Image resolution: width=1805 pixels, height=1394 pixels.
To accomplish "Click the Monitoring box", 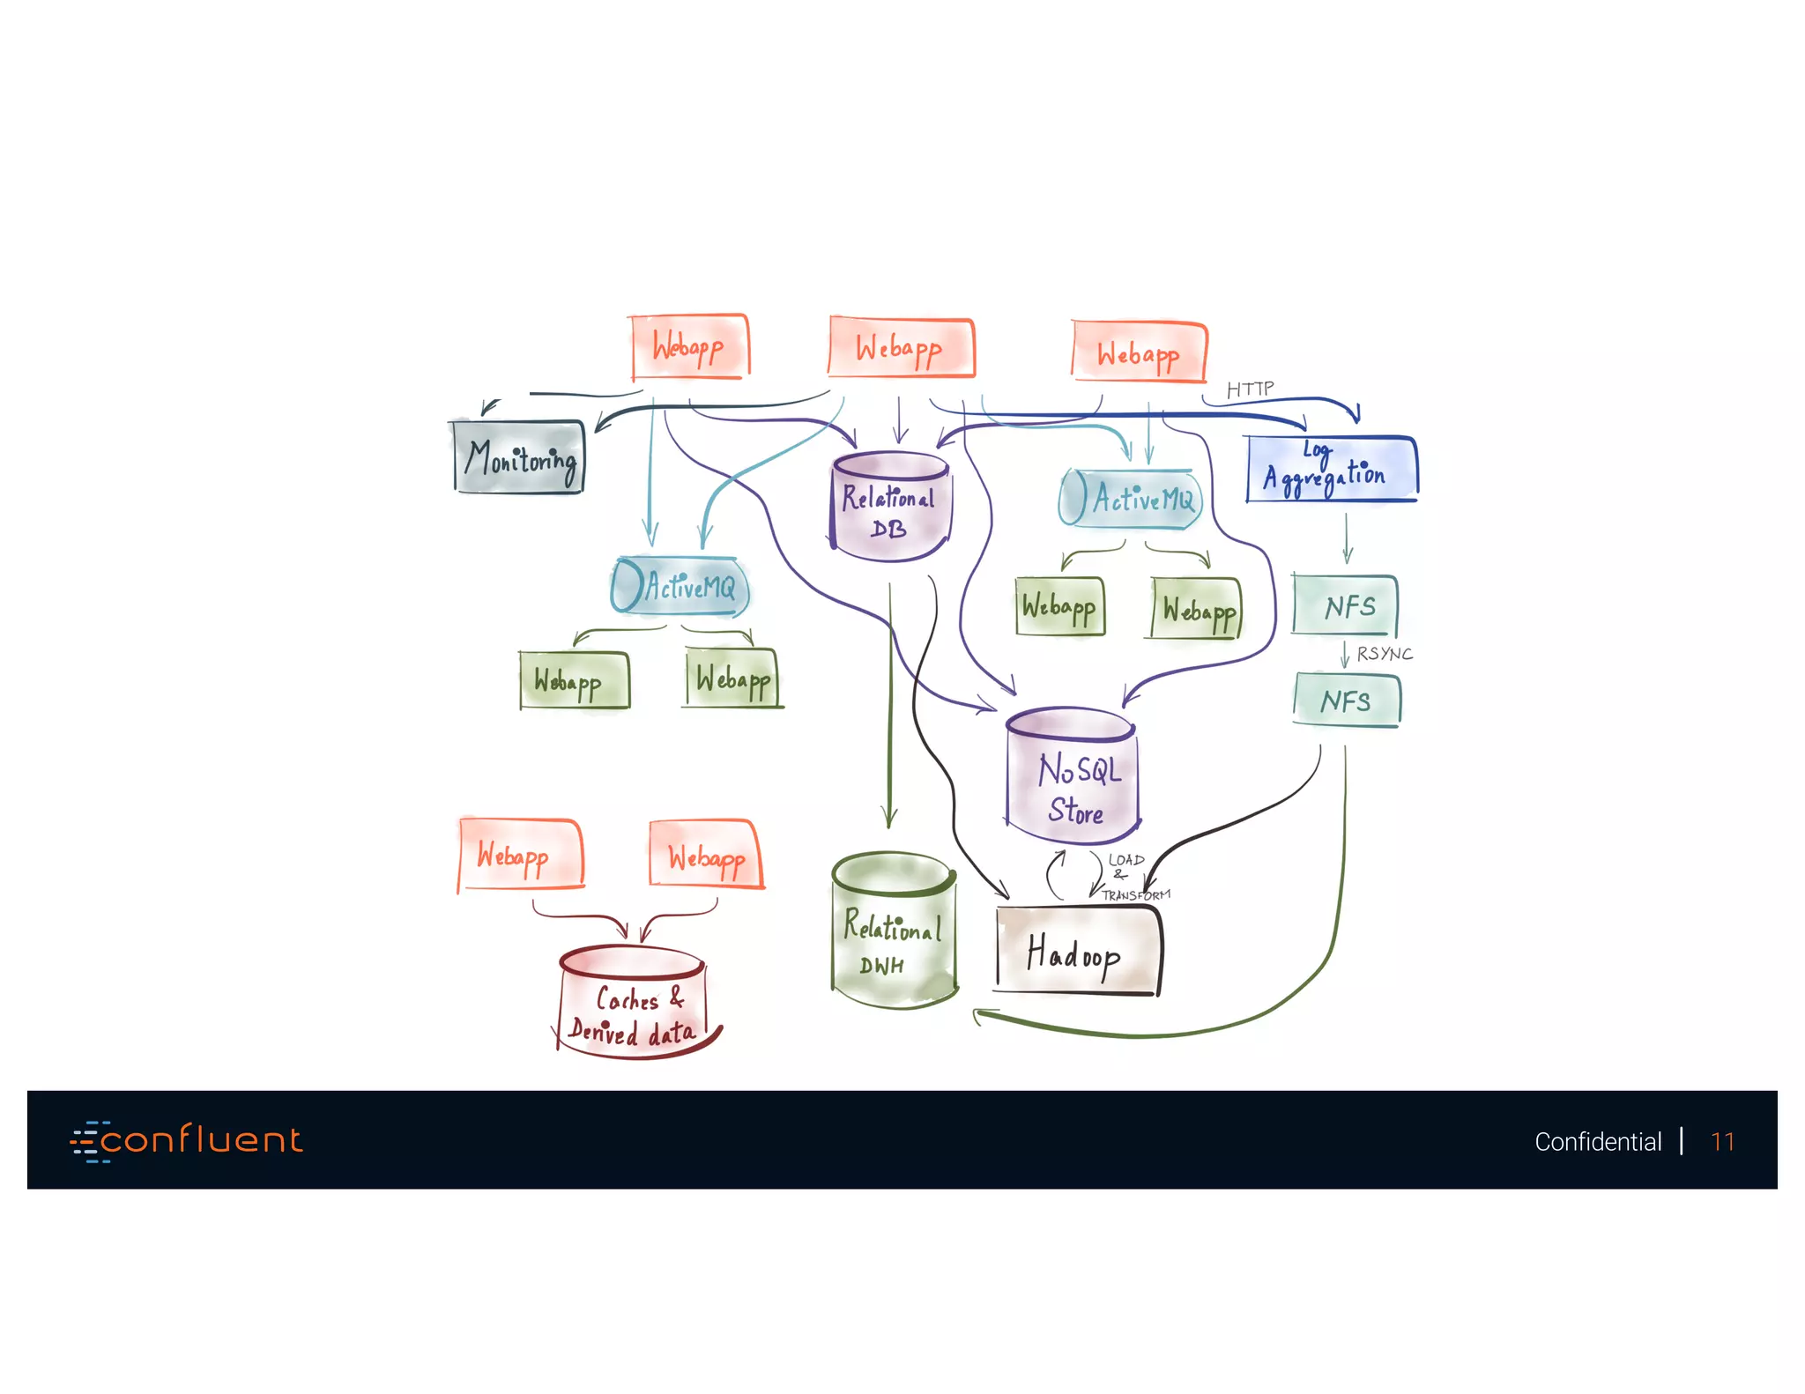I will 518,457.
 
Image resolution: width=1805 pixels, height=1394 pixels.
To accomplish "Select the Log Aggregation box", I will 1331,470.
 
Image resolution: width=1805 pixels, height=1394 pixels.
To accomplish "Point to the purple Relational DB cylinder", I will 890,507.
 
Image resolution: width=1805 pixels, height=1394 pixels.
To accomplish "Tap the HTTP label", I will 1250,389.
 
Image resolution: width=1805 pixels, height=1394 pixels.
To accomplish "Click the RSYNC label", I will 1385,654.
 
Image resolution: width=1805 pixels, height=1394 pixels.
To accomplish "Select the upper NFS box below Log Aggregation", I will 1346,605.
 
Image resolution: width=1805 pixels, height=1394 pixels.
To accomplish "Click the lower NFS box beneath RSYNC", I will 1347,701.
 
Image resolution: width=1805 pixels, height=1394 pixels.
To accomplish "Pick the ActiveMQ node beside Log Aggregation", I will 1132,500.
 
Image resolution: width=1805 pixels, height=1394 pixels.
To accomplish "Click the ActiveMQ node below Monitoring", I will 681,586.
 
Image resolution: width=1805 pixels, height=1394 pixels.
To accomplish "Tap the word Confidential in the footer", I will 1597,1141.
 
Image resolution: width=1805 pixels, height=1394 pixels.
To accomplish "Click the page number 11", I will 1722,1141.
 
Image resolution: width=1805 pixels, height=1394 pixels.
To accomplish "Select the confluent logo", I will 187,1140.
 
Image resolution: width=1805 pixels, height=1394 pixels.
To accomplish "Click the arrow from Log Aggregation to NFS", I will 1347,538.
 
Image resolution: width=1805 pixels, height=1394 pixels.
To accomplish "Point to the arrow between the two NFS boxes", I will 1345,655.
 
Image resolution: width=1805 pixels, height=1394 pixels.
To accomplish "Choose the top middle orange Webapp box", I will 901,348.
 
